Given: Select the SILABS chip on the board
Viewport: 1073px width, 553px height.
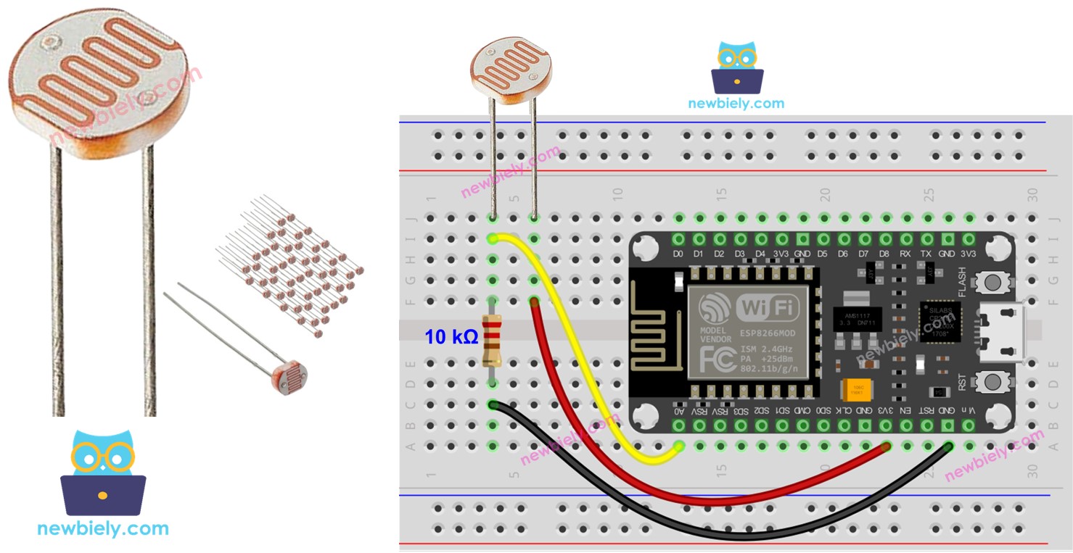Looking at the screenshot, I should coord(940,320).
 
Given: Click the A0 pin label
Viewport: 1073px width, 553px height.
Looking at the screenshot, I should coord(679,411).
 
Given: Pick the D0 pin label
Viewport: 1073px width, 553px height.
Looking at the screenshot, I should coord(679,254).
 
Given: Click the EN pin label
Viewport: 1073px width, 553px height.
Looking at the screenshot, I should coord(906,411).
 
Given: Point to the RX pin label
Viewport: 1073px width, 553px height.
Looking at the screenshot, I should coord(905,254).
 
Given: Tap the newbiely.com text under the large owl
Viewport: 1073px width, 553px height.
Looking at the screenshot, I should coord(103,528).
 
